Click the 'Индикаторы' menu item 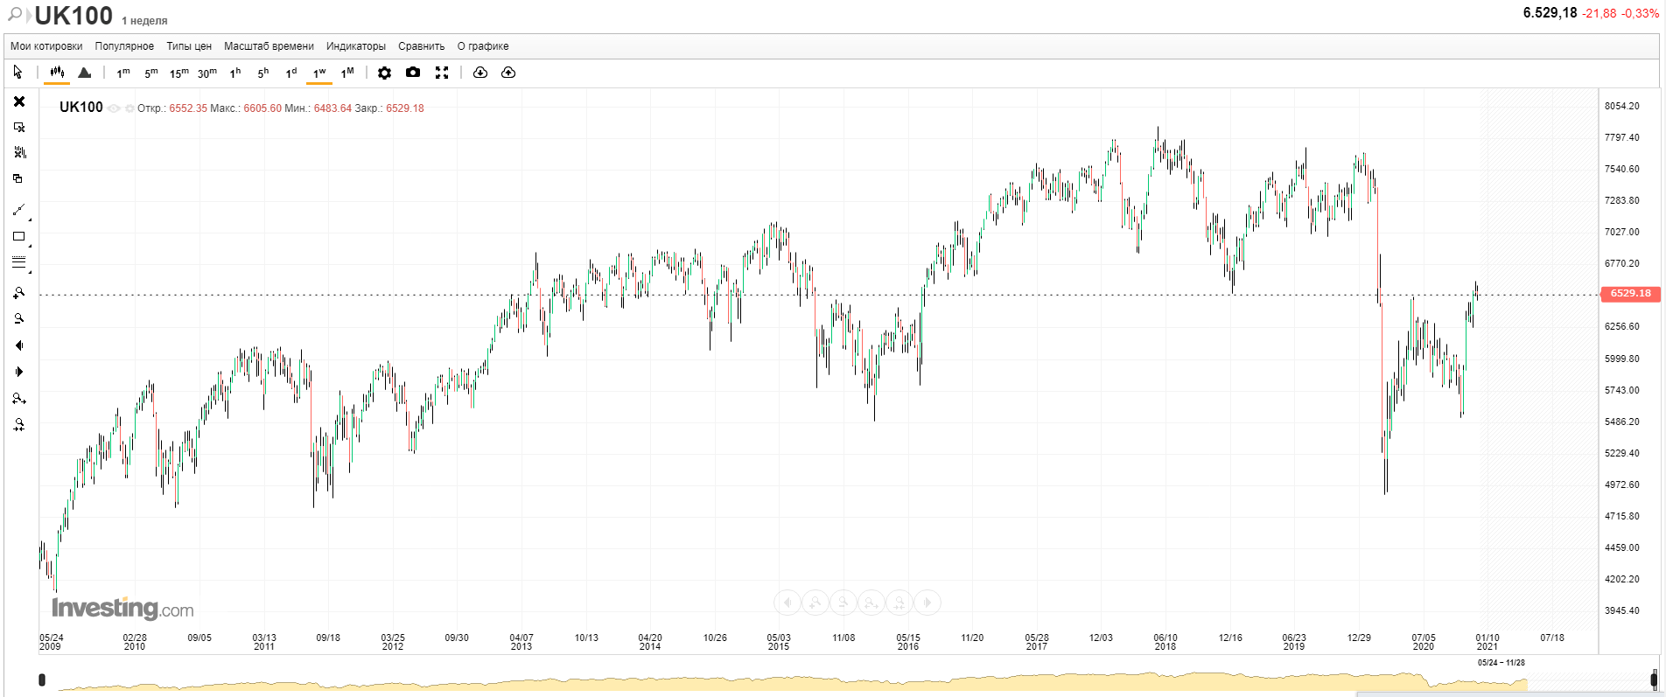(355, 46)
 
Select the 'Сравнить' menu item (421, 46)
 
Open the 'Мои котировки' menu (46, 46)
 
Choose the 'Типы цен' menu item (189, 46)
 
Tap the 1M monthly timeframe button (347, 73)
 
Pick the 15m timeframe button (178, 73)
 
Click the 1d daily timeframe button (291, 73)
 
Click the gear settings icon (384, 73)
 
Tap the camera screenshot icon (413, 73)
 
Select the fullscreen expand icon (442, 73)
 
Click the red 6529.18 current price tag (1629, 294)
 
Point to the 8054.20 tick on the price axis (1621, 106)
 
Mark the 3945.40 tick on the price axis (1621, 610)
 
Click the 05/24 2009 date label (51, 642)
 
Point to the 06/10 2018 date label (1165, 642)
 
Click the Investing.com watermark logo (122, 608)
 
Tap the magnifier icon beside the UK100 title (15, 15)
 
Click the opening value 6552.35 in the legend (188, 108)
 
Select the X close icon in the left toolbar (19, 101)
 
